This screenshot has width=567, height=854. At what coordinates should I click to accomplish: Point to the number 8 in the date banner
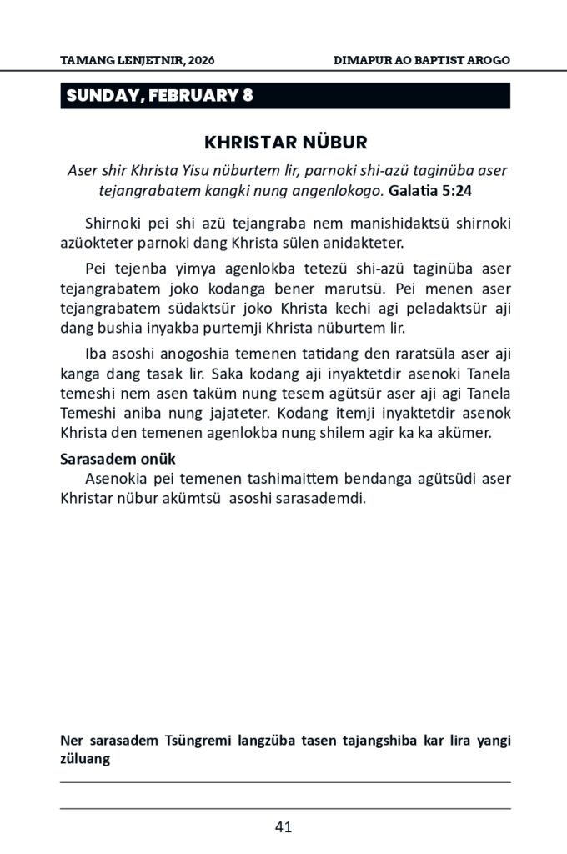point(248,96)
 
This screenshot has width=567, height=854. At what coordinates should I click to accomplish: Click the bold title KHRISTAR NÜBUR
point(285,142)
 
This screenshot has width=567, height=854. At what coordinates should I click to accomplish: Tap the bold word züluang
point(87,760)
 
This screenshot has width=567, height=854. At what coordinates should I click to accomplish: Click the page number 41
point(283,828)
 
